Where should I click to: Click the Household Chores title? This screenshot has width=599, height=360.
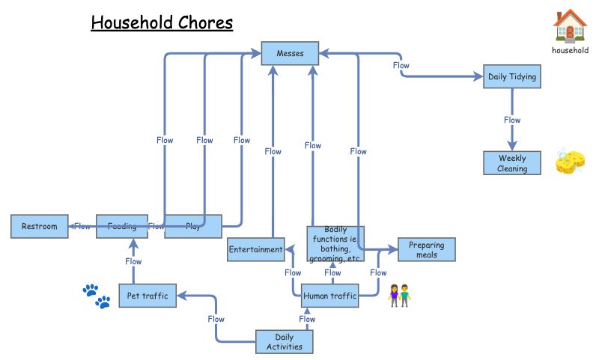(162, 22)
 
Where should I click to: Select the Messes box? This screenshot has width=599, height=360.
(290, 53)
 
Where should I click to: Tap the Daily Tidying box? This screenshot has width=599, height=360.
(511, 76)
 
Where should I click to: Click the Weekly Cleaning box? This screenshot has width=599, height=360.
(512, 163)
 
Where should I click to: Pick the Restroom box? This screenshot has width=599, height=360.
(39, 226)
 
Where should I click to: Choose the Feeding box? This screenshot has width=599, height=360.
(121, 226)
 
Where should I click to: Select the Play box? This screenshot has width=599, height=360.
(193, 226)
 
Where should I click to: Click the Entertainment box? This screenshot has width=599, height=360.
(256, 249)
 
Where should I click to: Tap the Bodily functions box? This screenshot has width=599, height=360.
(335, 243)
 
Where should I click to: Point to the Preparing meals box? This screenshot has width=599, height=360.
(426, 249)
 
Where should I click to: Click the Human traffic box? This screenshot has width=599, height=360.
(330, 296)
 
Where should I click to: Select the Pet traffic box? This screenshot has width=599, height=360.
(147, 296)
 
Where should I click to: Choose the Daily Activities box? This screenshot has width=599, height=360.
(284, 341)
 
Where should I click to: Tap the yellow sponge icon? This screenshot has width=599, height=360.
(570, 162)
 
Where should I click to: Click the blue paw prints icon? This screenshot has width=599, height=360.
(97, 296)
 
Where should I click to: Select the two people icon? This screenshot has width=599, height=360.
(399, 296)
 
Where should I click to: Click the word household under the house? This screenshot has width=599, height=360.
(570, 51)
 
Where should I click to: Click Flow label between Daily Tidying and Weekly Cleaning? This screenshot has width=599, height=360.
(512, 120)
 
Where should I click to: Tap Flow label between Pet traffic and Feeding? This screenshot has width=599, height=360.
(133, 261)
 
